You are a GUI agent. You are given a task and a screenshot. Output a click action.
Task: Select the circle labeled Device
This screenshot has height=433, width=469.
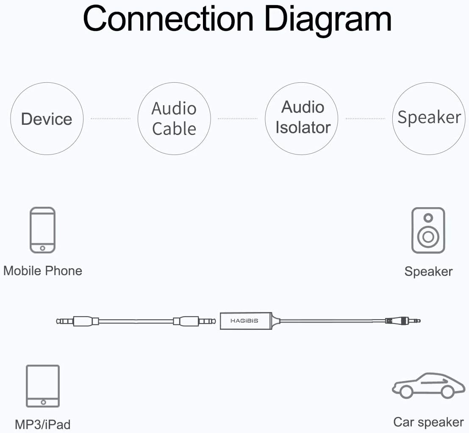pyautogui.click(x=47, y=119)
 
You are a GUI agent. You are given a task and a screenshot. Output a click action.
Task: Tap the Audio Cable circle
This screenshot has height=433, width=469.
pyautogui.click(x=174, y=118)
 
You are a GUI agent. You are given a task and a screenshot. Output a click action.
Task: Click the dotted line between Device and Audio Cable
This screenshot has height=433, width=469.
pyautogui.click(x=111, y=119)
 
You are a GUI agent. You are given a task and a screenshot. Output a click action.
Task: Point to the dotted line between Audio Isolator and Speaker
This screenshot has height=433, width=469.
pyautogui.click(x=365, y=118)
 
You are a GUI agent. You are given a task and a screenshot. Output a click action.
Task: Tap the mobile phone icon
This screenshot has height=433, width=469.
pyautogui.click(x=42, y=230)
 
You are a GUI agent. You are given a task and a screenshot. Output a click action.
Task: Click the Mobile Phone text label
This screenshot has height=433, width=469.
pyautogui.click(x=43, y=271)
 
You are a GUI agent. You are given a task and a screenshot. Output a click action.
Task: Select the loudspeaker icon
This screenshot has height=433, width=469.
pyautogui.click(x=428, y=231)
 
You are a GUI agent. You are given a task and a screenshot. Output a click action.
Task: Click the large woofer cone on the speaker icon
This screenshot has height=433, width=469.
pyautogui.click(x=428, y=236)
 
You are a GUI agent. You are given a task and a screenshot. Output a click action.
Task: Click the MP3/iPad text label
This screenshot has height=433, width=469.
pyautogui.click(x=42, y=424)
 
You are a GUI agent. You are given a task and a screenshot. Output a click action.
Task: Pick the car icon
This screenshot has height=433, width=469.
pyautogui.click(x=428, y=385)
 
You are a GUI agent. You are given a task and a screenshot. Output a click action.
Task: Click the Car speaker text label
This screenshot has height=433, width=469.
pyautogui.click(x=428, y=422)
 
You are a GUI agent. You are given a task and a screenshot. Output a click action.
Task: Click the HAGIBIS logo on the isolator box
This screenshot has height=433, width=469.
pyautogui.click(x=244, y=321)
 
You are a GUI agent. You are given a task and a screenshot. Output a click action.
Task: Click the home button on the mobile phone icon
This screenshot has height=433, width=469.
pyautogui.click(x=42, y=247)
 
